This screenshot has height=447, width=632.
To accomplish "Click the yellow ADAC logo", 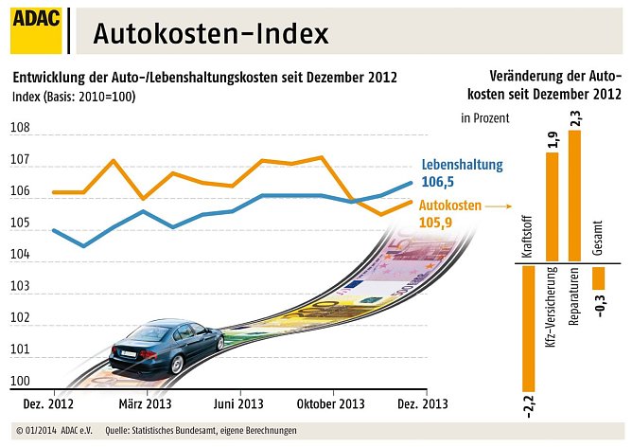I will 37,30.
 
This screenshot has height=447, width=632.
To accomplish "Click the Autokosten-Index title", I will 211,34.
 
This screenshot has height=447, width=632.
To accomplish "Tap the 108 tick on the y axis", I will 20,128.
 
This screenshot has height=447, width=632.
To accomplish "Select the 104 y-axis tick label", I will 20,256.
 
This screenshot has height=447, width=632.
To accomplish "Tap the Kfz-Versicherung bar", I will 553,206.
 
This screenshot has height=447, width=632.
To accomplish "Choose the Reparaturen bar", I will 574,194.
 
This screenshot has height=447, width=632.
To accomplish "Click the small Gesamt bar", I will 597,277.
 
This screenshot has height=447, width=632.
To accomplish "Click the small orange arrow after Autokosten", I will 498,206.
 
